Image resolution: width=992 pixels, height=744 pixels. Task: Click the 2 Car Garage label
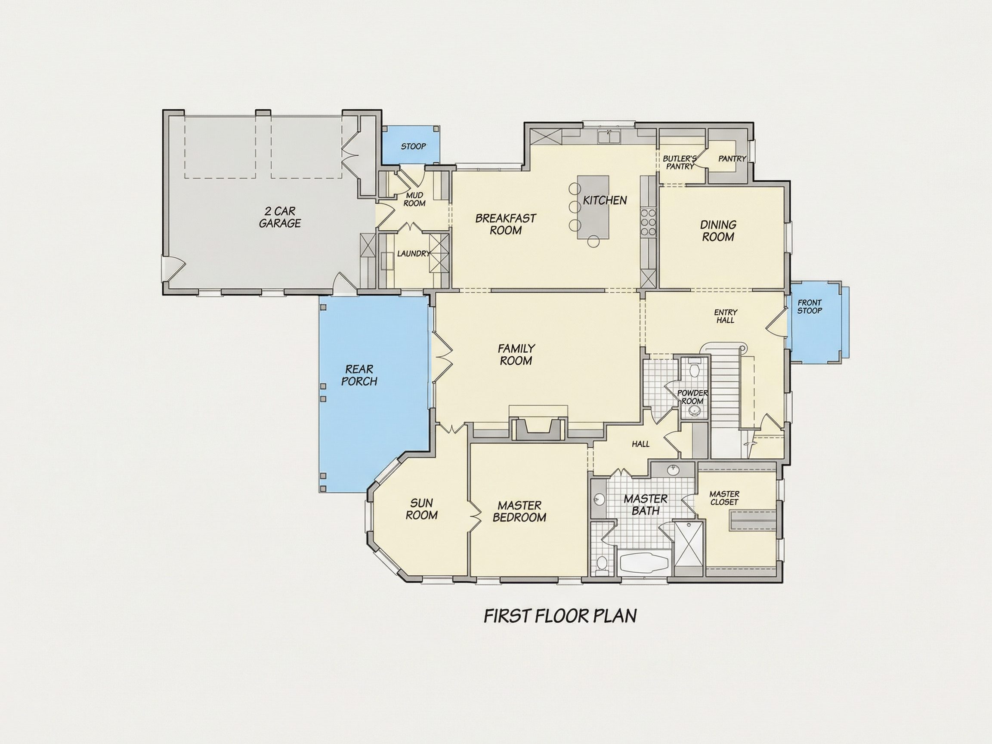(x=280, y=217)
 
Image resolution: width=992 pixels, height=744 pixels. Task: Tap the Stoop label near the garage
(x=413, y=147)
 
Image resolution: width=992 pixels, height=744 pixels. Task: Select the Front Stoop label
(x=810, y=307)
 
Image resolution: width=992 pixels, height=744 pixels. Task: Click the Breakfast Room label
(x=505, y=224)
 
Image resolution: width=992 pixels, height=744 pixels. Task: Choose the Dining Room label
(x=718, y=231)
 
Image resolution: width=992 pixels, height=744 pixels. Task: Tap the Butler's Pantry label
(x=680, y=162)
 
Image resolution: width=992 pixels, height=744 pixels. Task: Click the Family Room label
(x=516, y=354)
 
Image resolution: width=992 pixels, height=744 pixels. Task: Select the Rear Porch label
(x=359, y=375)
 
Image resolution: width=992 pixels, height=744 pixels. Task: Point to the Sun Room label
(x=422, y=509)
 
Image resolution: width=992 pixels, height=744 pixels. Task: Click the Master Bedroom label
(x=519, y=512)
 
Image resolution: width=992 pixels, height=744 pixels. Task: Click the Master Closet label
(x=724, y=498)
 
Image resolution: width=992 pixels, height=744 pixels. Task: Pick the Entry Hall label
(x=725, y=316)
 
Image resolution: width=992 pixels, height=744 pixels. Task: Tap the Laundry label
(x=413, y=253)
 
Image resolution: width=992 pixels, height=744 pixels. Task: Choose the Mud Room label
(x=414, y=200)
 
